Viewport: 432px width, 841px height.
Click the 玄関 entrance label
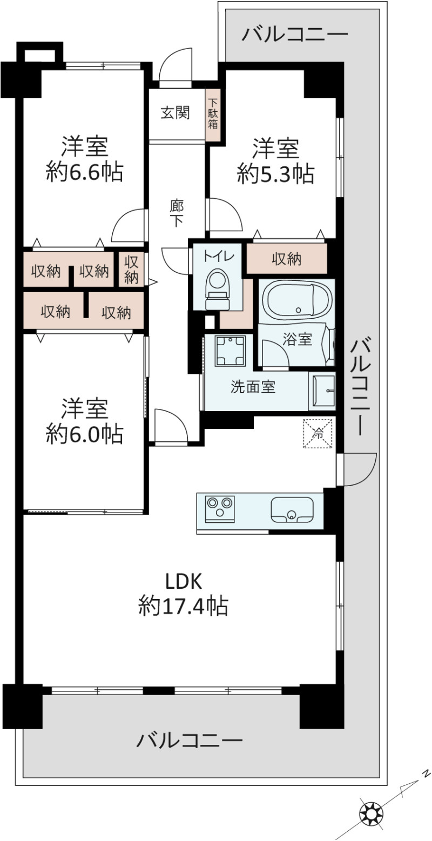click(x=175, y=113)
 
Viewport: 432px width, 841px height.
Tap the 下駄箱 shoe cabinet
click(x=213, y=114)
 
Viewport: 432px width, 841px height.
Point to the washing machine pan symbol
click(x=230, y=351)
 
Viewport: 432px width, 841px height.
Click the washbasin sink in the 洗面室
click(x=321, y=391)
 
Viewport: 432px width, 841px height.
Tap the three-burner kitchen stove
click(x=220, y=509)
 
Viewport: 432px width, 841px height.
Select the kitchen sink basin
click(x=292, y=509)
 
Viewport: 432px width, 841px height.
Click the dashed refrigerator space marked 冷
click(x=318, y=433)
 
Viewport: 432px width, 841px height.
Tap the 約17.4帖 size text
click(x=183, y=605)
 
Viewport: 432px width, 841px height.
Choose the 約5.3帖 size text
click(x=275, y=174)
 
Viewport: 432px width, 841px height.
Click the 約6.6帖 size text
click(x=84, y=172)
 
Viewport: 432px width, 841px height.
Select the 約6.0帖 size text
click(x=84, y=434)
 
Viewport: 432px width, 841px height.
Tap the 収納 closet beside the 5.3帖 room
click(x=286, y=259)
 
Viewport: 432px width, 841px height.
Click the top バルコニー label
click(x=295, y=35)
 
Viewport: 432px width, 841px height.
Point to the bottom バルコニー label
click(x=189, y=741)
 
